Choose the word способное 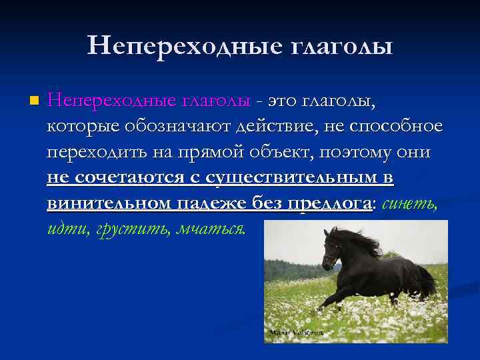tap(392, 127)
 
